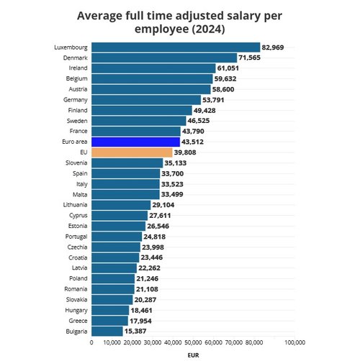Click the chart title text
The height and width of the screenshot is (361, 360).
(x=180, y=22)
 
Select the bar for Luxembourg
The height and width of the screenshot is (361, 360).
(x=176, y=47)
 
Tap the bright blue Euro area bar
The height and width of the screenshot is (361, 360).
(x=135, y=142)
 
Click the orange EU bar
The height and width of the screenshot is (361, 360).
(x=132, y=152)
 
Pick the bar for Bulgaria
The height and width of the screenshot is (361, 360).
(x=107, y=331)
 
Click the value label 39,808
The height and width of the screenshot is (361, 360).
(x=189, y=152)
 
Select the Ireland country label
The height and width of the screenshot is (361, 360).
(x=78, y=68)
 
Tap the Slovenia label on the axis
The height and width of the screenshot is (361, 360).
(x=76, y=163)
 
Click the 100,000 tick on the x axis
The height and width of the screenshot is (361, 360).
(x=295, y=342)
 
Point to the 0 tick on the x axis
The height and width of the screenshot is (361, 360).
(x=91, y=342)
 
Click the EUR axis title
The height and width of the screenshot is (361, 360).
(x=193, y=355)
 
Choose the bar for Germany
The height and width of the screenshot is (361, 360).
(x=145, y=100)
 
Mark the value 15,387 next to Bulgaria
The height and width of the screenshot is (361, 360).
(x=139, y=331)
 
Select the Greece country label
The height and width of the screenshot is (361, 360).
(x=78, y=321)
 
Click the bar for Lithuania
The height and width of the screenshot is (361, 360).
(x=120, y=205)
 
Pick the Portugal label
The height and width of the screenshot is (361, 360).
(x=76, y=237)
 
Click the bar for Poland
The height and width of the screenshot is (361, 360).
(x=112, y=278)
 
